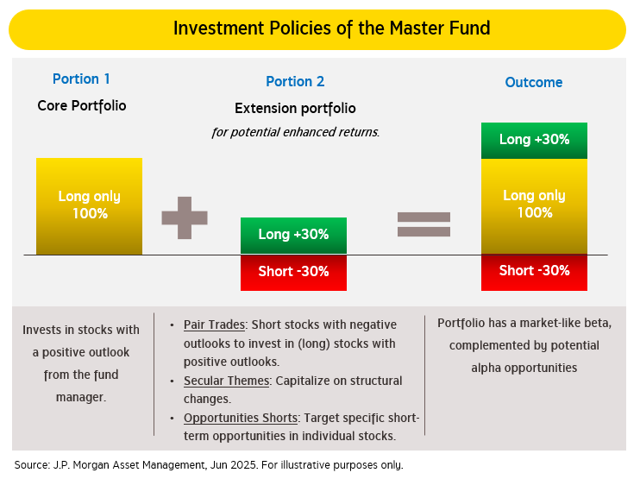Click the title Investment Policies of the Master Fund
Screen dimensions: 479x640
331,28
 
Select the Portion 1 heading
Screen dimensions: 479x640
81,79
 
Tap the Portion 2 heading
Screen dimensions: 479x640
295,82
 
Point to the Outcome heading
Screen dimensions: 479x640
533,83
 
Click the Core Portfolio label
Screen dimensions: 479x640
81,106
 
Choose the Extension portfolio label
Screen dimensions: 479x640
295,109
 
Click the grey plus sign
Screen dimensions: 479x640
185,217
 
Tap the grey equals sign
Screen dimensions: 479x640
424,224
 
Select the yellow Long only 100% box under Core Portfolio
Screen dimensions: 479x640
89,205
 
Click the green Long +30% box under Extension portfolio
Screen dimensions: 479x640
293,235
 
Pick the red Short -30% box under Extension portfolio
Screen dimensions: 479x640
293,272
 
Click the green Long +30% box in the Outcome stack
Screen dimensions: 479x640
534,140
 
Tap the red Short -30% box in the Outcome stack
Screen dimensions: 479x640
534,271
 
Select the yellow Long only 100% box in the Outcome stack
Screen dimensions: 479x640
534,205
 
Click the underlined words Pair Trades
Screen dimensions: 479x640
214,325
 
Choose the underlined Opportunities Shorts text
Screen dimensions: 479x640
241,418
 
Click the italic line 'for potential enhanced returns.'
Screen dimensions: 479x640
295,132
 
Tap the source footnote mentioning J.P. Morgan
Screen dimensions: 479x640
208,464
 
